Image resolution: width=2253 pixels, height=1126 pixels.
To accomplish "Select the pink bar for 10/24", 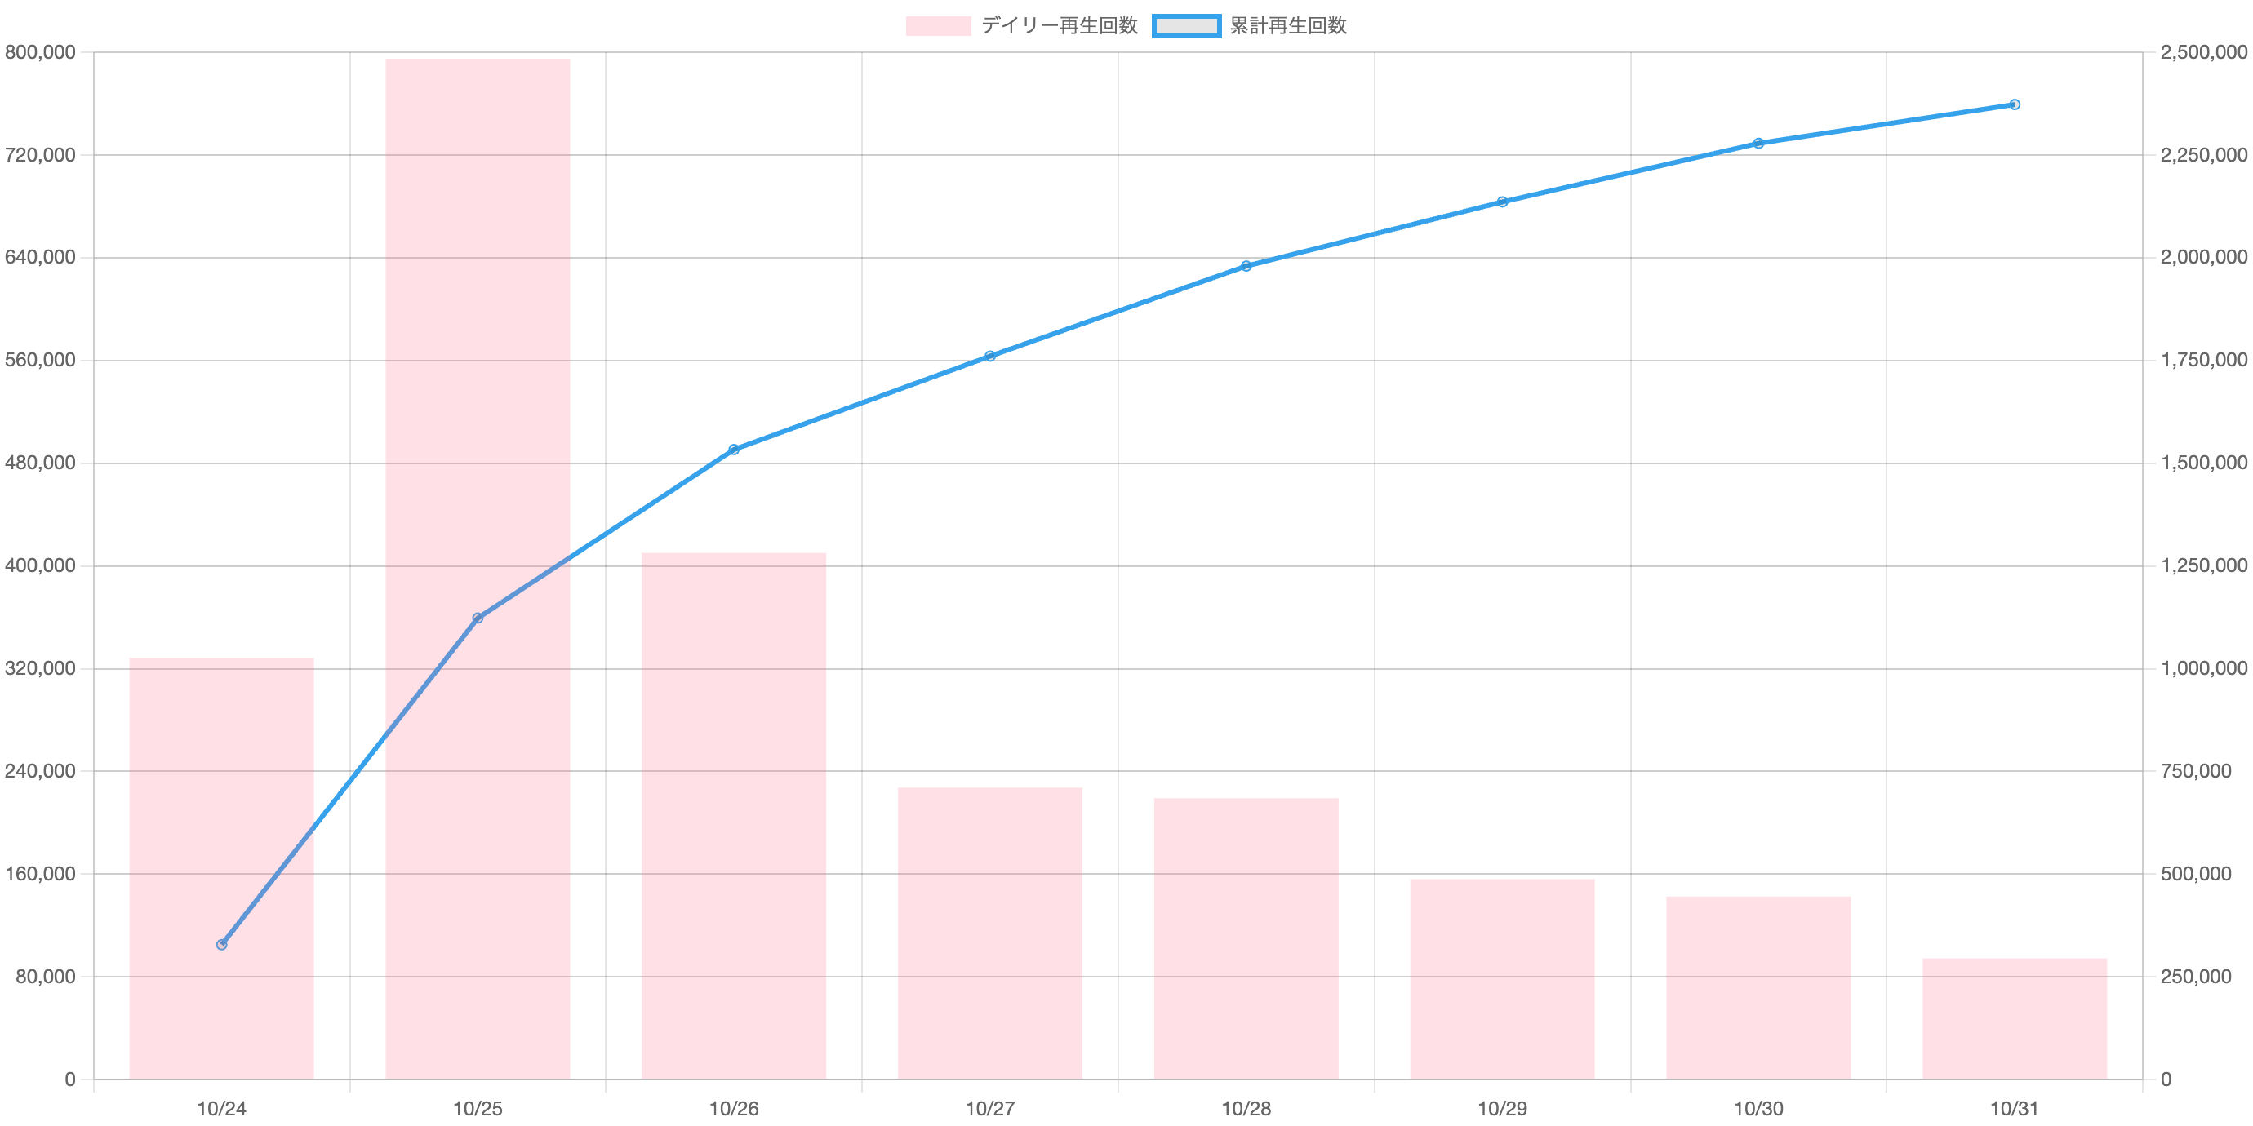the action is pyautogui.click(x=221, y=868).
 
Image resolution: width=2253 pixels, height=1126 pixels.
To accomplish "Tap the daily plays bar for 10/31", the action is pyautogui.click(x=2015, y=1019).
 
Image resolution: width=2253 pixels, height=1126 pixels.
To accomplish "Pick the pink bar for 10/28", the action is pyautogui.click(x=1246, y=939).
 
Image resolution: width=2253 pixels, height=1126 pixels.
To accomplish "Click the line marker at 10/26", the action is pyautogui.click(x=734, y=450).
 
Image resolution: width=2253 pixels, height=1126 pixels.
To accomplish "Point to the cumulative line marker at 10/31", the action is pyautogui.click(x=2015, y=105).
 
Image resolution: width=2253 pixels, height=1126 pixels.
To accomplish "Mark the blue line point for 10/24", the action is pyautogui.click(x=221, y=944).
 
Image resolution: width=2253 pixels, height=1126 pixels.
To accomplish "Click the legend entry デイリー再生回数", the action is pyautogui.click(x=1021, y=26).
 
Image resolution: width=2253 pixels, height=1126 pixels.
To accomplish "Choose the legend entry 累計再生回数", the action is pyautogui.click(x=1250, y=26).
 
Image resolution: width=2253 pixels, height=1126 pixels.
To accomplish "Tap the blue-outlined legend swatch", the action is pyautogui.click(x=1186, y=26).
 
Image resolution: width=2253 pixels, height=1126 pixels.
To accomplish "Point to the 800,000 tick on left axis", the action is pyautogui.click(x=40, y=52).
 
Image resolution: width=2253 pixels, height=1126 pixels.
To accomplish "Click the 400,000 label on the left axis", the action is pyautogui.click(x=40, y=565).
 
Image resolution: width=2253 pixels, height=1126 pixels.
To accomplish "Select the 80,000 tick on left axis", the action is pyautogui.click(x=46, y=977).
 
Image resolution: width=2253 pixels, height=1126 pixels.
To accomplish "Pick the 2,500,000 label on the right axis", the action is pyautogui.click(x=2203, y=52).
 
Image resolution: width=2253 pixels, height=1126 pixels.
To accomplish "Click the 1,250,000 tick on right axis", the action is pyautogui.click(x=2203, y=565).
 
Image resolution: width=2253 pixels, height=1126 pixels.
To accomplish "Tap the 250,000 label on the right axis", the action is pyautogui.click(x=2195, y=977).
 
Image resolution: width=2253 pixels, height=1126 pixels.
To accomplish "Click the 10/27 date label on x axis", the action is pyautogui.click(x=990, y=1109).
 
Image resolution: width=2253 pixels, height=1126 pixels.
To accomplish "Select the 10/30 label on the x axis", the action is pyautogui.click(x=1758, y=1109).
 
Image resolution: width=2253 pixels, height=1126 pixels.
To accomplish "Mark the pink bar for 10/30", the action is pyautogui.click(x=1758, y=988).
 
